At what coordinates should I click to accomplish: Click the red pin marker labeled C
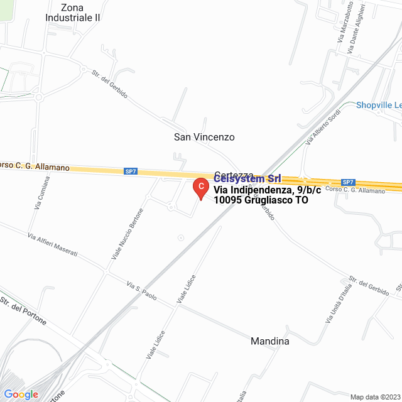tap(200, 187)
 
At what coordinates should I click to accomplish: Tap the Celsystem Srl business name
tap(247, 180)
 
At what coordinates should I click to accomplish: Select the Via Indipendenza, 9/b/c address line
tap(262, 190)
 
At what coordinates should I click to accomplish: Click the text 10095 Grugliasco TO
tap(261, 201)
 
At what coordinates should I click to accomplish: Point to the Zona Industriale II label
tap(73, 13)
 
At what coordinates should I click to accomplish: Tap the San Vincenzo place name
tap(204, 136)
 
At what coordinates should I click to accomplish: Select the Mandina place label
tap(270, 342)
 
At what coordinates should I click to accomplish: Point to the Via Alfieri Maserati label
tap(53, 244)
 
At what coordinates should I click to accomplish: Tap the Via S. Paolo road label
tap(141, 290)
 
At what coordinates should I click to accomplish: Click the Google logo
tap(21, 394)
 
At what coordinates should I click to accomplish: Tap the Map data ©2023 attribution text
tap(374, 397)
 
